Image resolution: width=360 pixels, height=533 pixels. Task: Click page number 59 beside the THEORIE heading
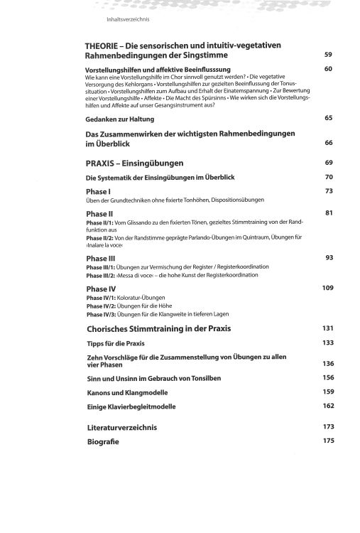pos(327,55)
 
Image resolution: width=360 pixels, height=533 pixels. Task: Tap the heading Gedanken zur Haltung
pos(122,117)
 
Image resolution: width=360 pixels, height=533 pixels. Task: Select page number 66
pos(328,143)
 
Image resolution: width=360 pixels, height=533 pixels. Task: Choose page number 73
pos(328,190)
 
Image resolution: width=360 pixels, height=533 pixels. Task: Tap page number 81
pos(328,212)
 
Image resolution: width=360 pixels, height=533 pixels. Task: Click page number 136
pos(327,363)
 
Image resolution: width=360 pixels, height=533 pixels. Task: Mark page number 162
pos(327,405)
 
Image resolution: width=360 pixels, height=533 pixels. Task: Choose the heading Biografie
pos(102,441)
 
